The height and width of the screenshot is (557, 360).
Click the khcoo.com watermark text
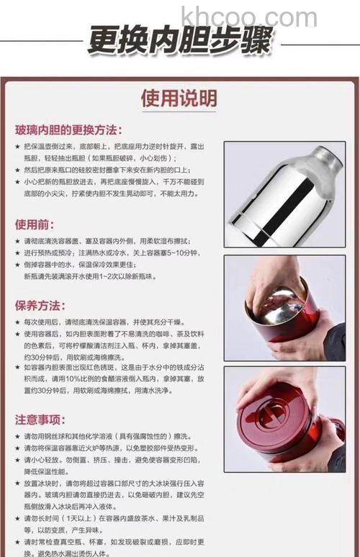click(x=248, y=16)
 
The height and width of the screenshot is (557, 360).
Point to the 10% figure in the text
click(x=74, y=379)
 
